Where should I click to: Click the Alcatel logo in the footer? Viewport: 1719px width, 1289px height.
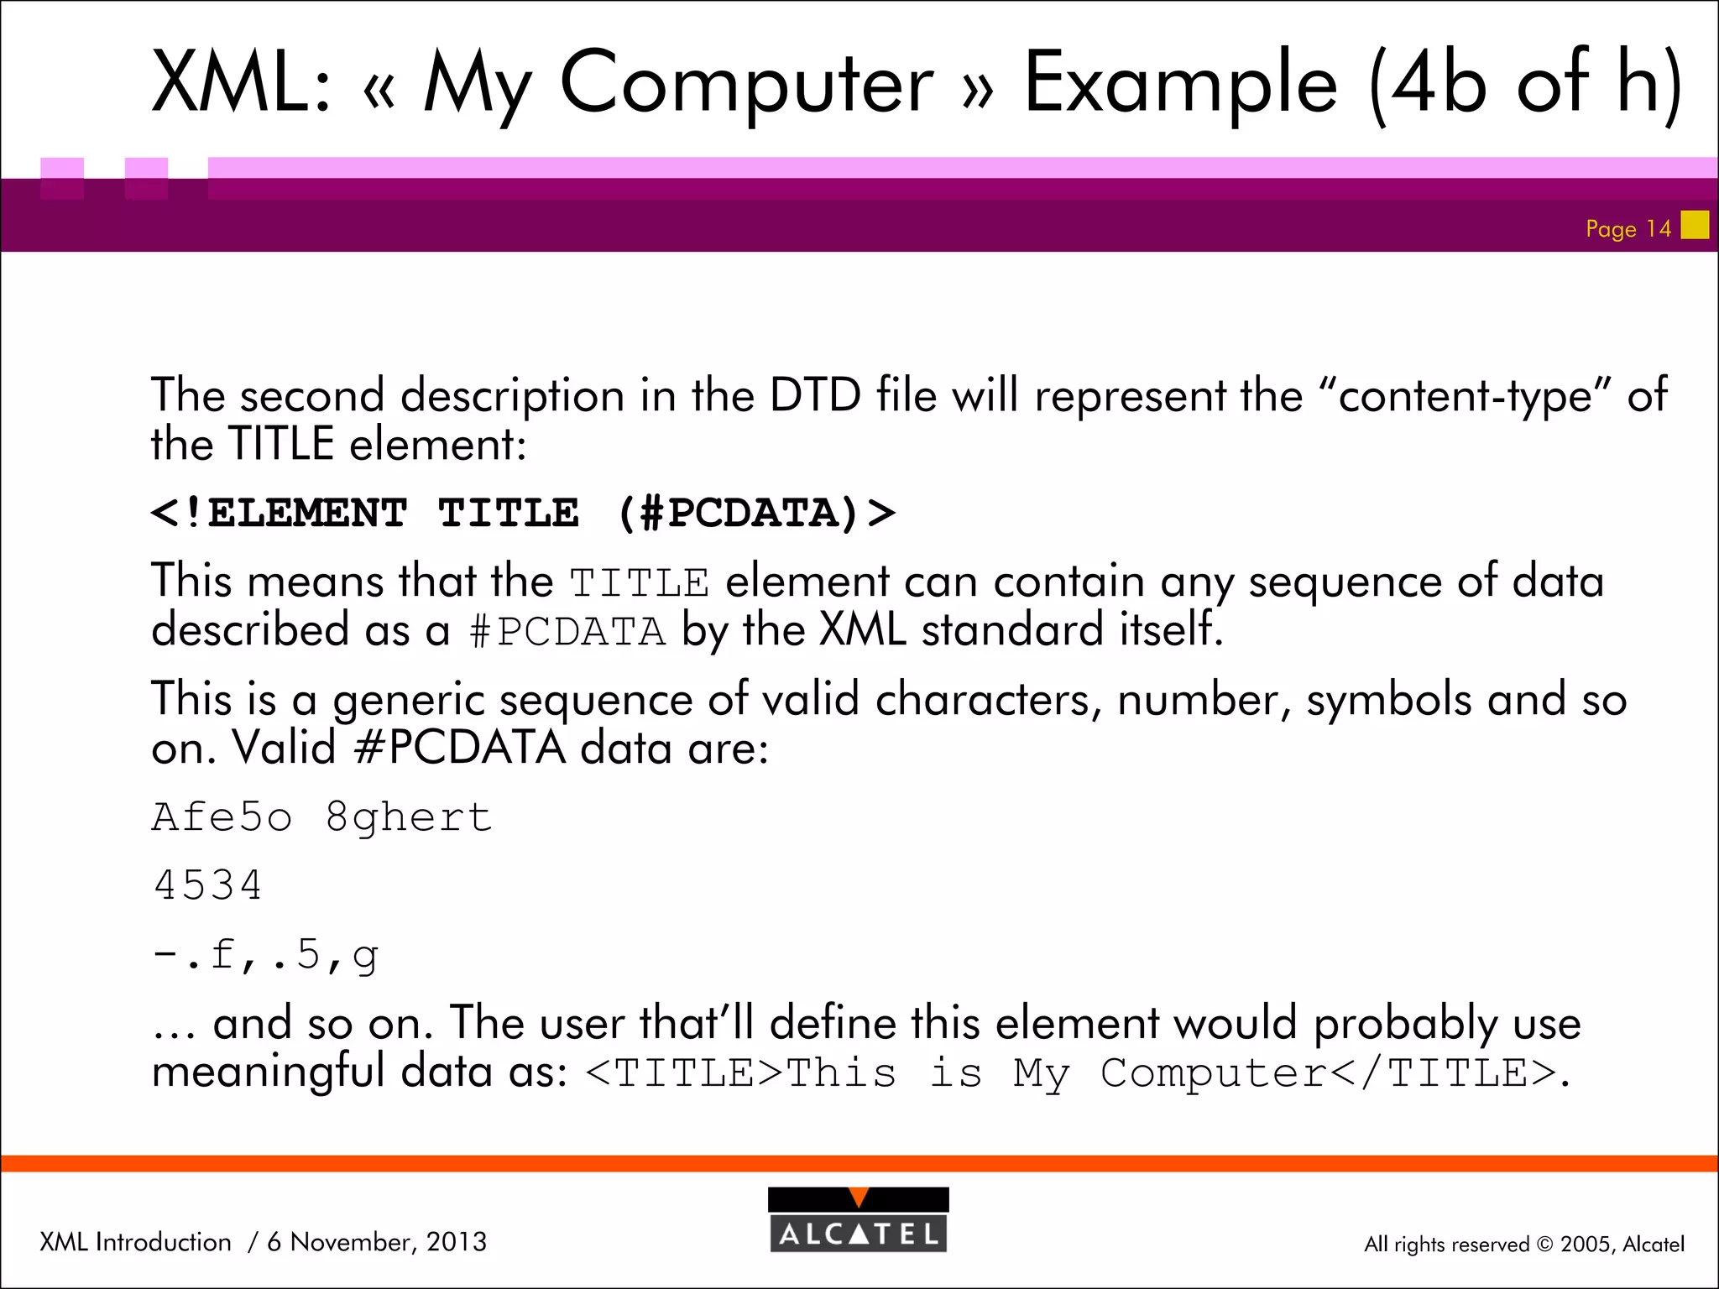pos(858,1220)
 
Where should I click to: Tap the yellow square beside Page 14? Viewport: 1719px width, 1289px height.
pos(1695,225)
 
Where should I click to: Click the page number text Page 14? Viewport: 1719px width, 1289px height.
pos(1628,228)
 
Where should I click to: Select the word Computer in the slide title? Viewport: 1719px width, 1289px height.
pos(746,84)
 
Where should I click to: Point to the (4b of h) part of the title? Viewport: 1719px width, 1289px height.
pos(1524,84)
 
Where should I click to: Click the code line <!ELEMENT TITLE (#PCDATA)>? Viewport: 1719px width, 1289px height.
pos(522,513)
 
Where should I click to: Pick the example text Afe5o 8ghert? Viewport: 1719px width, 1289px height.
pos(321,817)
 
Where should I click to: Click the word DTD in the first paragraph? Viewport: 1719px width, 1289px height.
pos(815,395)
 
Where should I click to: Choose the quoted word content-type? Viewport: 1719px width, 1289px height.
pos(1465,395)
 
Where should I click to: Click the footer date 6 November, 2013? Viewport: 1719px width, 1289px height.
pos(377,1241)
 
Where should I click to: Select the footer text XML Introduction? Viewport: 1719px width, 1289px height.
pos(135,1241)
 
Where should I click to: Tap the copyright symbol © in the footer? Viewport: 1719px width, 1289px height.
pos(1544,1245)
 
